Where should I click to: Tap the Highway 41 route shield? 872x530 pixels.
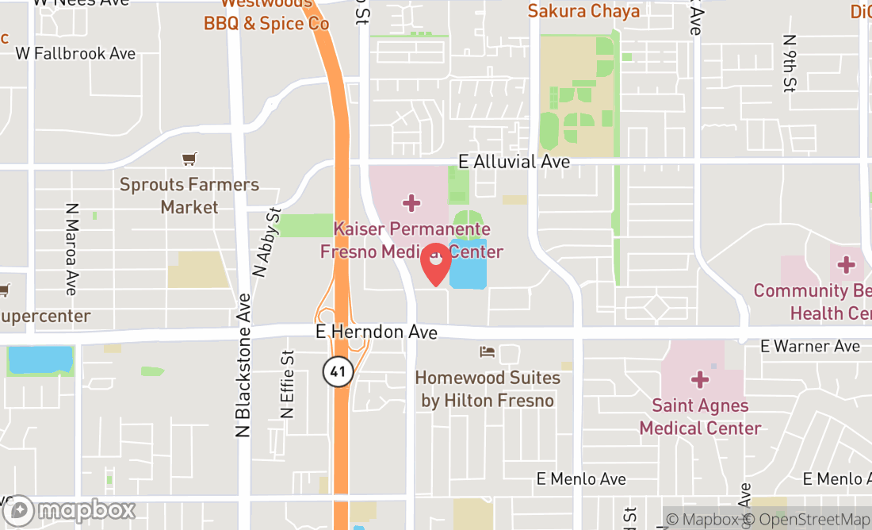pos(338,371)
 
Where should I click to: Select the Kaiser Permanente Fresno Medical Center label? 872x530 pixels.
pos(411,240)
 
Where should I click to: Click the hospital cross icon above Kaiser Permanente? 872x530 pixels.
pos(411,204)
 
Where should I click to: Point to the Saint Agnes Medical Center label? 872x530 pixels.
pos(700,417)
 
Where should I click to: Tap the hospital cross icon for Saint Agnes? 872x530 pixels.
pos(700,380)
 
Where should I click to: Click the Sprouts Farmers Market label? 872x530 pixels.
pos(189,195)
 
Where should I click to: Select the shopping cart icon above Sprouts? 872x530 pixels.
pos(189,159)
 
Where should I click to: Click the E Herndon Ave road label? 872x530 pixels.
pos(376,332)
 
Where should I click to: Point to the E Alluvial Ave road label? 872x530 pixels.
pos(514,161)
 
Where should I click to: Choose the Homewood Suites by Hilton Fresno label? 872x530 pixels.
pos(488,389)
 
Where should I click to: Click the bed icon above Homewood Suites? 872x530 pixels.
pos(488,351)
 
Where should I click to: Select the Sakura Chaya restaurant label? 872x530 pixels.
pos(583,10)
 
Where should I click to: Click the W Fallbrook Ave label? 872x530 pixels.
pos(76,53)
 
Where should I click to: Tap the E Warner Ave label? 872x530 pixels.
pos(810,346)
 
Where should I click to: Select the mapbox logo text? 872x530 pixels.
pos(86,509)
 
